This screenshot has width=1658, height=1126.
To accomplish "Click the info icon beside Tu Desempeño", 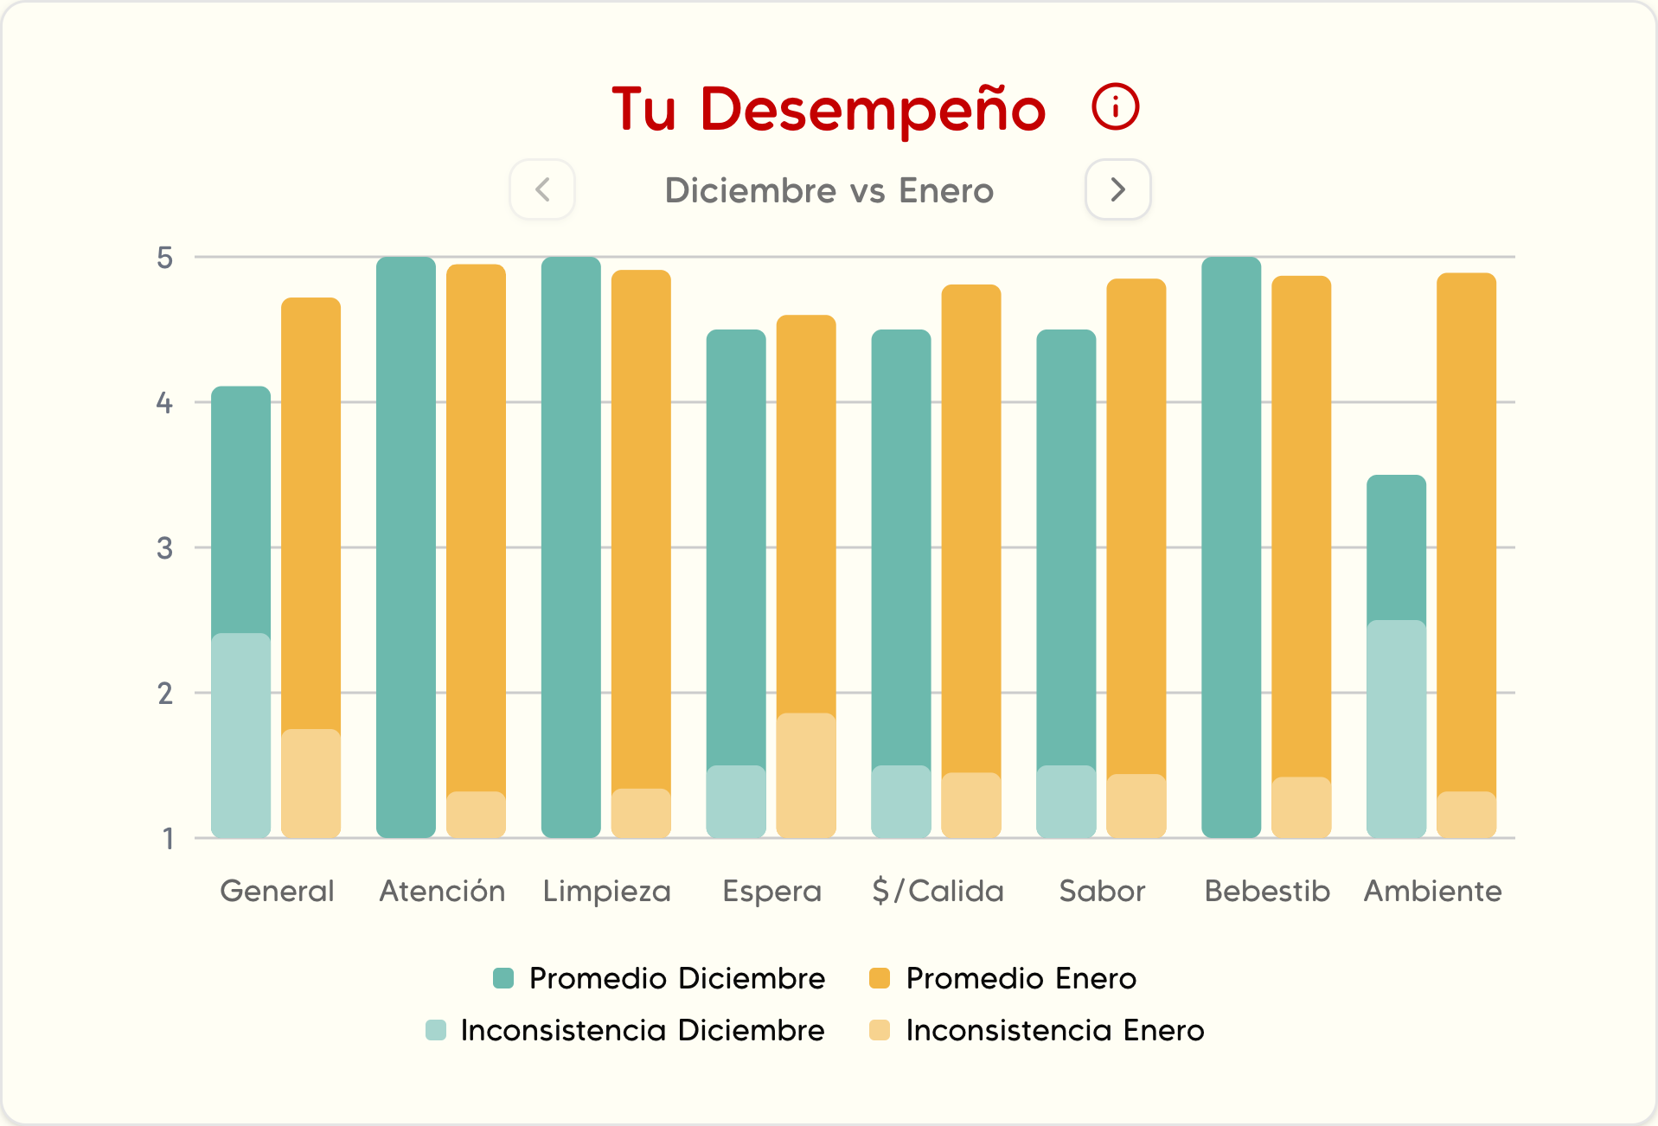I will click(1115, 107).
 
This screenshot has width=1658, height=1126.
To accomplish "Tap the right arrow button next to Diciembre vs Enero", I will click(1117, 189).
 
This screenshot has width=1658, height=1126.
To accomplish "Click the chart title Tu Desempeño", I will click(829, 110).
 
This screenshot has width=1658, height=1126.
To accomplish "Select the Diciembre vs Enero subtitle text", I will click(829, 190).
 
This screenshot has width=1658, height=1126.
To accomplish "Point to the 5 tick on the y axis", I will click(164, 258).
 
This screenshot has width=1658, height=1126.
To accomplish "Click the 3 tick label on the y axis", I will click(164, 548).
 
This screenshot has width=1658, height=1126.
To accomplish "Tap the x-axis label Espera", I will click(771, 891).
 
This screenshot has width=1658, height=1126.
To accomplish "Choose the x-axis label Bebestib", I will click(1267, 891).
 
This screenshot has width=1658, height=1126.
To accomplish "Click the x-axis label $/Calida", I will click(938, 891).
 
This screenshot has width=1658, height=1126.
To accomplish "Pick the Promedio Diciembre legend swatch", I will click(503, 978).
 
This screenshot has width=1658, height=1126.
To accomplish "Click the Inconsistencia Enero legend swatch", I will click(880, 1030).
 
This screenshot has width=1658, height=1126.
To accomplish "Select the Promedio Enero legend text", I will click(1021, 978).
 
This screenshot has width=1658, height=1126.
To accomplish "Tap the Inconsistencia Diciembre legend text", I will click(643, 1030).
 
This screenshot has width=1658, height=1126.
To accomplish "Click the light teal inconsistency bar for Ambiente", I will click(1396, 728).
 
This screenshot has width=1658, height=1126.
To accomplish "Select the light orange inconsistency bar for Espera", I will click(806, 775).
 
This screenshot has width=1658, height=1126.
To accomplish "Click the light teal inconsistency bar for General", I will click(240, 735).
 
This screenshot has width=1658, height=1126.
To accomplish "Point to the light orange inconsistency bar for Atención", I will click(476, 815).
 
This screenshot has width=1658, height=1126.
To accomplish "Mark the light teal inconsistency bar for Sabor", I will click(1066, 802).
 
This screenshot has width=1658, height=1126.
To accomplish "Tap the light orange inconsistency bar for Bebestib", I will click(1301, 807).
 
